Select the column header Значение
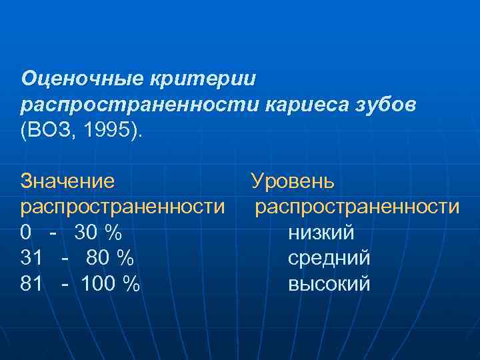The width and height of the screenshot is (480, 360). tap(67, 181)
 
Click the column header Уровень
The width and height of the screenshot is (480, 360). tap(293, 181)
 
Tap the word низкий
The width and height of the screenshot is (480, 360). tap(321, 233)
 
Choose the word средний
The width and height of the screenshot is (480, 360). tap(329, 259)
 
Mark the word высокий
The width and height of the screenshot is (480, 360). tap(329, 285)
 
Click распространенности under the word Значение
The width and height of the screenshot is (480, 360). tap(123, 207)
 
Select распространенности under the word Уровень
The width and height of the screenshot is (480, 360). tap(357, 207)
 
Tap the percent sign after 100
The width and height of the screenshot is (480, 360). tap(132, 285)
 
